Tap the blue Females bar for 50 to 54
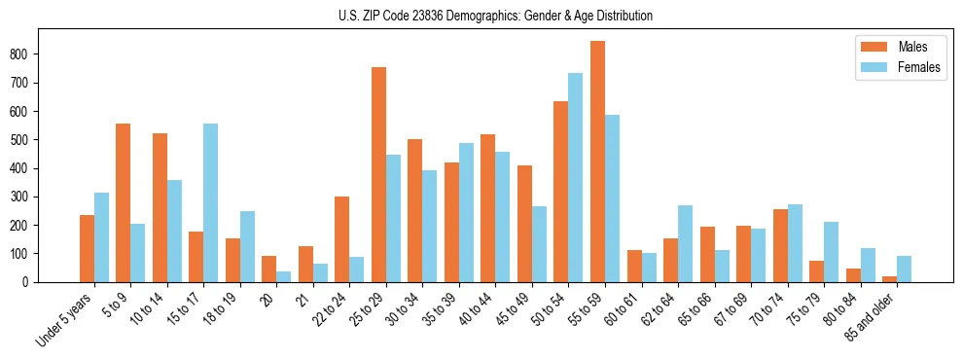(x=575, y=177)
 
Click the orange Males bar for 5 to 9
(x=123, y=202)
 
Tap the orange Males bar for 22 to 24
(x=341, y=239)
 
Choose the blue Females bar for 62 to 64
(x=685, y=243)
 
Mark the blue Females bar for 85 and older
(x=904, y=269)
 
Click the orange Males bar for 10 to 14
(x=160, y=207)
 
